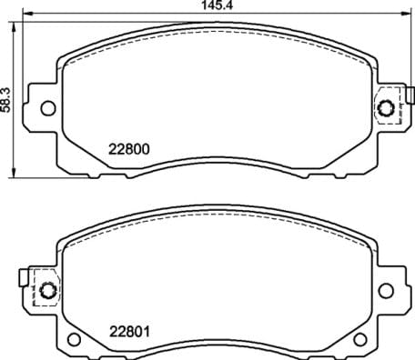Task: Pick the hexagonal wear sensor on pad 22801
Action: [x=46, y=291]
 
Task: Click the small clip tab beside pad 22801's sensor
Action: [x=25, y=274]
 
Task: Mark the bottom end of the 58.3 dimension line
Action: [x=13, y=175]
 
